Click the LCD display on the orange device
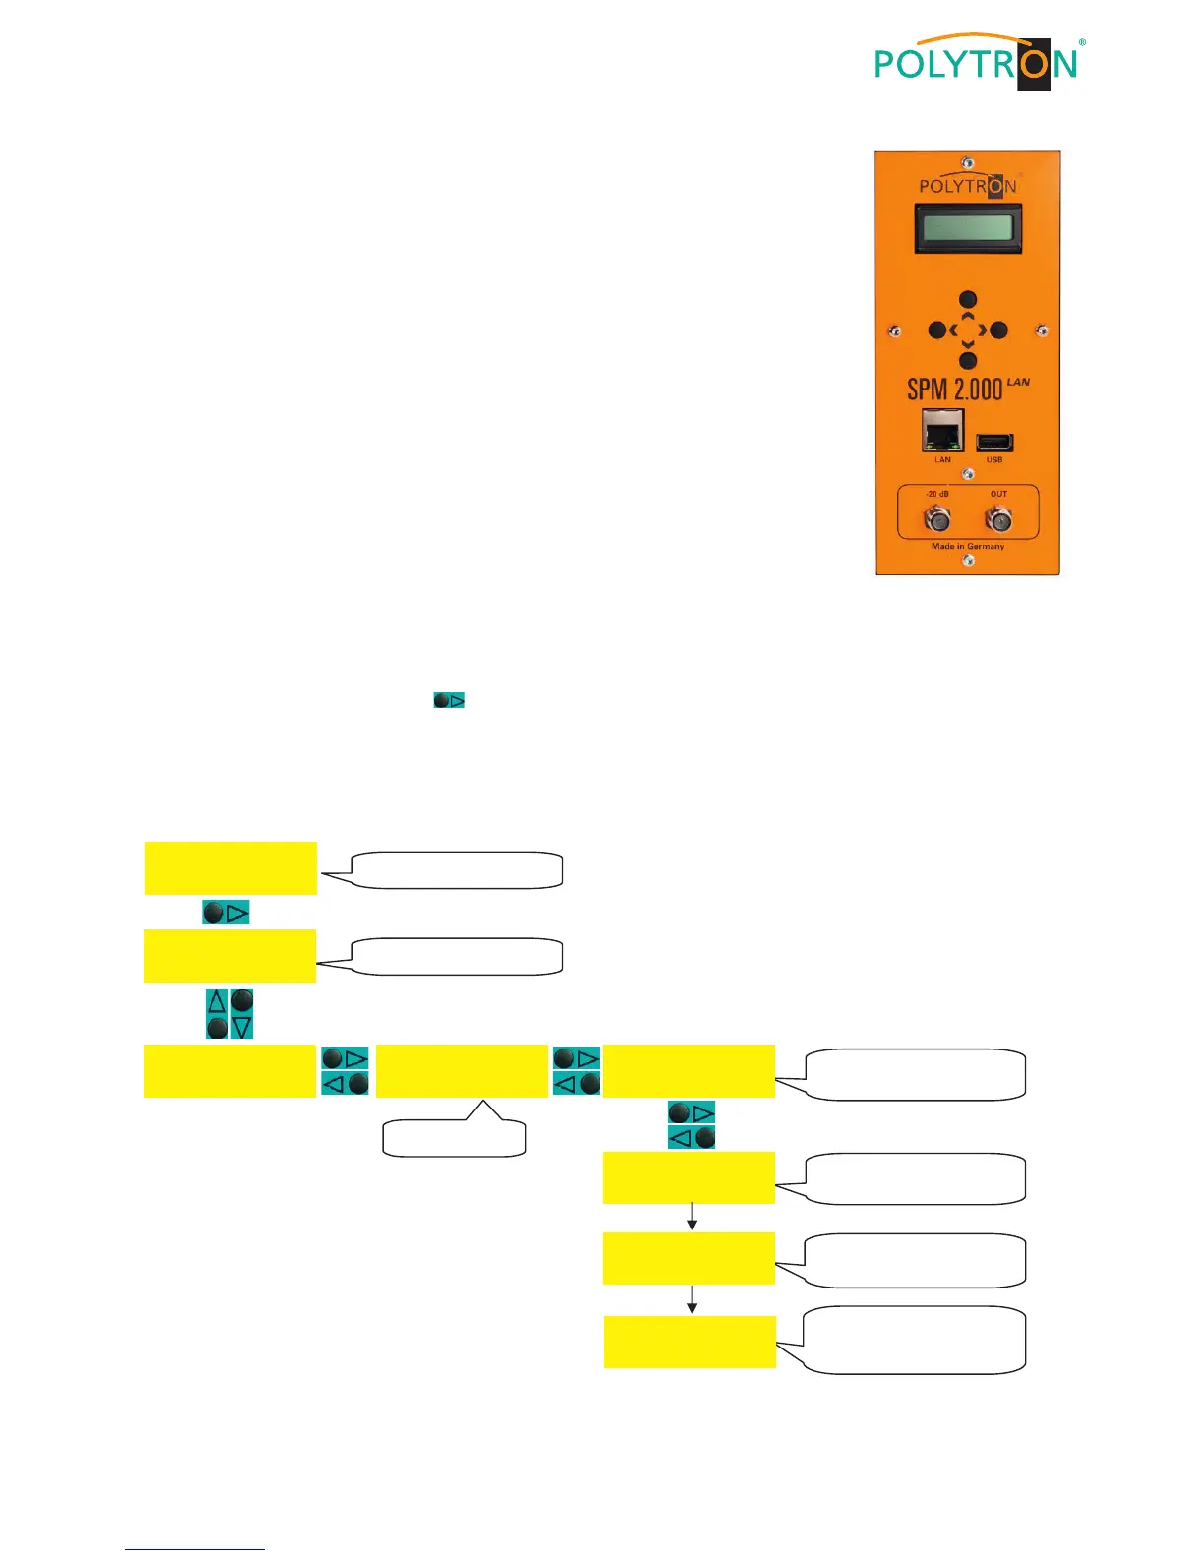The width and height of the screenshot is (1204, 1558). (968, 229)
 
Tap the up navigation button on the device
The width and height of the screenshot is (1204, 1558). (968, 300)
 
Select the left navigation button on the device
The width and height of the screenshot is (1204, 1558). (937, 330)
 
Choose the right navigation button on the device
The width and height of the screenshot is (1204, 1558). (998, 330)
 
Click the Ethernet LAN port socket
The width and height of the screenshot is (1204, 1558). (942, 432)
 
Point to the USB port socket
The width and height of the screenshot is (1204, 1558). (994, 443)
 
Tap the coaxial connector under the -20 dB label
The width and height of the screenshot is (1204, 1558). (937, 518)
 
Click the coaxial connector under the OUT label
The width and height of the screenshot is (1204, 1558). (999, 518)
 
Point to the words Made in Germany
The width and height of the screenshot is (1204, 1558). (968, 546)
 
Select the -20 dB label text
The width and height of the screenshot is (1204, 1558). (936, 494)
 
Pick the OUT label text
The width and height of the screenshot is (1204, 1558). (999, 494)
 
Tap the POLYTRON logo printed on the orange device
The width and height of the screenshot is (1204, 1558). (968, 185)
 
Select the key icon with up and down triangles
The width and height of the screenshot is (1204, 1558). (229, 1014)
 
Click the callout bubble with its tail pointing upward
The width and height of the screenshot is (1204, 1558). (453, 1137)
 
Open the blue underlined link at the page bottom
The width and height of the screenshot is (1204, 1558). (195, 1549)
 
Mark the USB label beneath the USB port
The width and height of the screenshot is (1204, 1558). (994, 460)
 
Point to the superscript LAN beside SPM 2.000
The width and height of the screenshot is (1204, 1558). (1018, 382)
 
